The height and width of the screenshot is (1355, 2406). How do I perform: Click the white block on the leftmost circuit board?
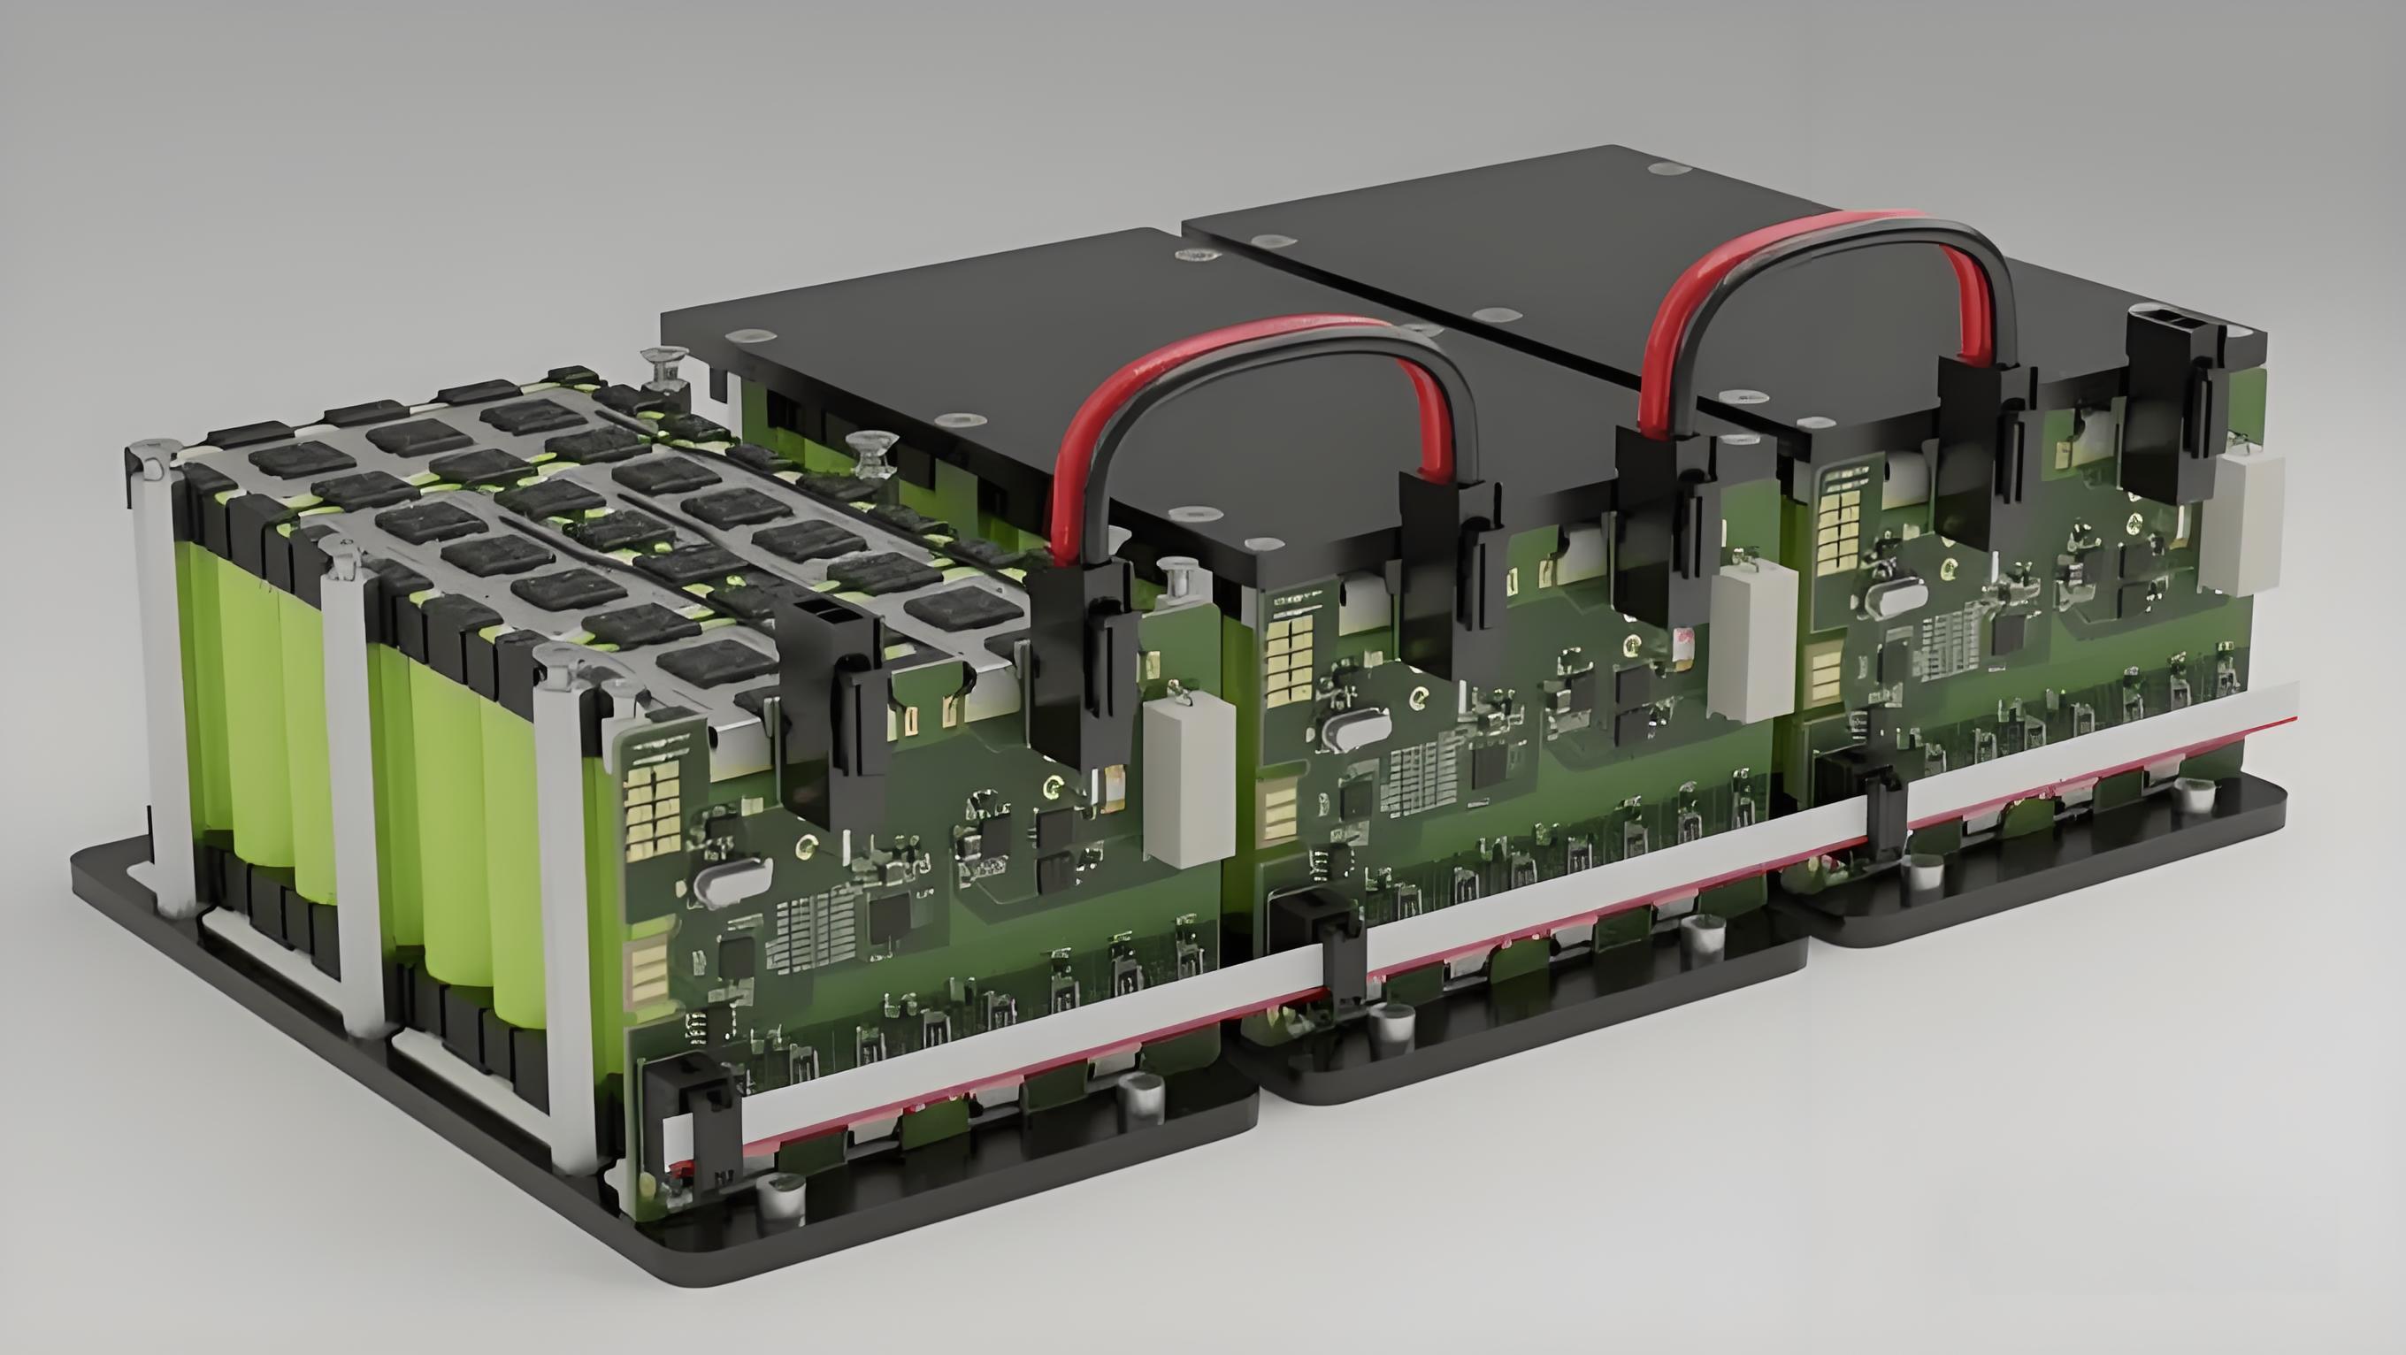pyautogui.click(x=1188, y=782)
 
